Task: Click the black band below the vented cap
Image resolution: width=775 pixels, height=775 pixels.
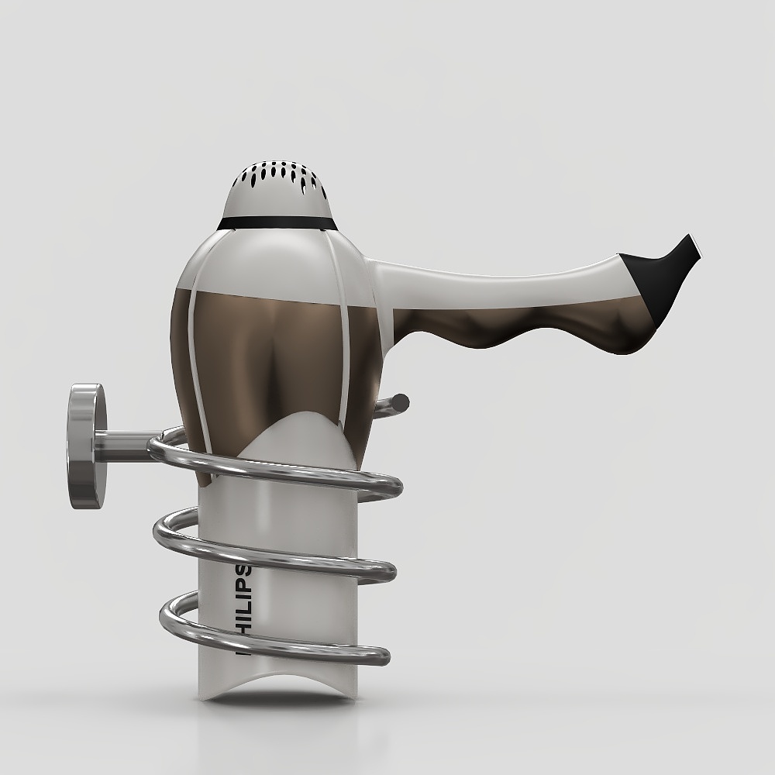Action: pos(279,223)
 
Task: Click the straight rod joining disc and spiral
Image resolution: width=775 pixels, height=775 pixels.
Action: pos(124,446)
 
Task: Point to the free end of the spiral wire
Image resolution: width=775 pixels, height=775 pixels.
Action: pos(401,401)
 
